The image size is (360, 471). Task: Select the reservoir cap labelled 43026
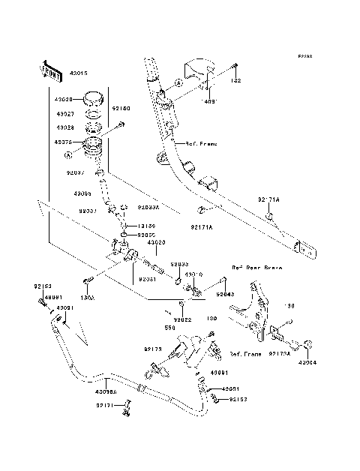click(94, 97)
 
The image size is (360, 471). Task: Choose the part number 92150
click(121, 109)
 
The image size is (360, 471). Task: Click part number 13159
click(146, 225)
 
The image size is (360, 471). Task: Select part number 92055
click(146, 235)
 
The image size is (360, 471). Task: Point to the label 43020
click(157, 243)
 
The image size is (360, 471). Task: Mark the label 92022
click(163, 319)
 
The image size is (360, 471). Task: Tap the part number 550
click(170, 328)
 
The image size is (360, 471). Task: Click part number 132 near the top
click(235, 78)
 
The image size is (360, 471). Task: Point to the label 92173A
click(284, 352)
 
